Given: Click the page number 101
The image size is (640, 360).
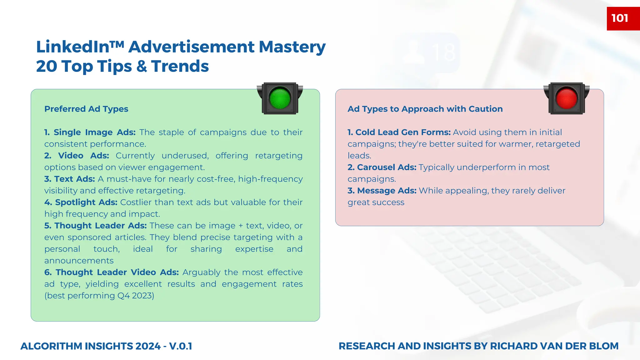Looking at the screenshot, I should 620,18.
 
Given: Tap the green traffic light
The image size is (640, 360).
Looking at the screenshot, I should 280,99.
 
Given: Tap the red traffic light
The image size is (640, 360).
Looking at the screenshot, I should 566,99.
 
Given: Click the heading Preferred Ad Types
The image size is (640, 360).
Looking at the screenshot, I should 86,109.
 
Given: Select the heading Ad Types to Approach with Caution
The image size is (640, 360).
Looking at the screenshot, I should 425,109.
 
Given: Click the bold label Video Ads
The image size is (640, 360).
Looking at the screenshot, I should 83,156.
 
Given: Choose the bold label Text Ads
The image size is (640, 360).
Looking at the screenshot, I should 74,179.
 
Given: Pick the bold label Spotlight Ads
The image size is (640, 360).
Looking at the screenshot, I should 86,202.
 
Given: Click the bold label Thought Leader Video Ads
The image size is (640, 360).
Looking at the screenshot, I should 117,272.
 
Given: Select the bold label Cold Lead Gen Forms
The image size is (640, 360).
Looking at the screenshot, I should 403,132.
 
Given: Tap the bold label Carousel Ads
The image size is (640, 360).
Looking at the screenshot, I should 387,167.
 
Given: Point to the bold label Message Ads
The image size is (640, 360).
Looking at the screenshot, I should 387,191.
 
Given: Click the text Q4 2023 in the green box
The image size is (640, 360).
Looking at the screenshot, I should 134,296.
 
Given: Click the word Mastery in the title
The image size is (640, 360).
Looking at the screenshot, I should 292,47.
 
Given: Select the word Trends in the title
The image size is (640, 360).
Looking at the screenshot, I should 180,66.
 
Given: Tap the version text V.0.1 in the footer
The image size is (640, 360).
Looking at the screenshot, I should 181,346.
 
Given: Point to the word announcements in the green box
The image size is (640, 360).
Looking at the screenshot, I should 79,261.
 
